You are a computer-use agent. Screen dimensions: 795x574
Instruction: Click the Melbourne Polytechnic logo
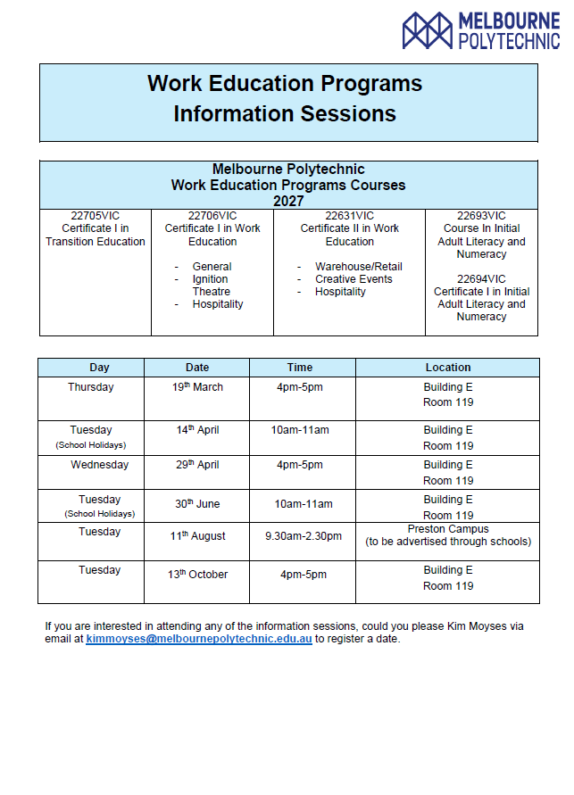point(480,30)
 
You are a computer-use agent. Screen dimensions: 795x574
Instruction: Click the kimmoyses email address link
point(199,639)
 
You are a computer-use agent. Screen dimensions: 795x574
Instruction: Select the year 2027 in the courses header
point(288,201)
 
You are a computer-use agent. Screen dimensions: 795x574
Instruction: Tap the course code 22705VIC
point(96,216)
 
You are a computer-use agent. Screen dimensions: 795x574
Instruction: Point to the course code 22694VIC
point(481,279)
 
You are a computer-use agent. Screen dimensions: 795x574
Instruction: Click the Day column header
point(100,368)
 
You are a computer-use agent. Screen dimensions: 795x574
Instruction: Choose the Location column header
point(448,368)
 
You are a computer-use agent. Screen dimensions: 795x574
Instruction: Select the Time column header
point(300,368)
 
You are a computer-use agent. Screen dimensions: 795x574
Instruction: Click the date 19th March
point(197,387)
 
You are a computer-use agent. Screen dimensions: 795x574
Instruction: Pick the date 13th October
point(197,575)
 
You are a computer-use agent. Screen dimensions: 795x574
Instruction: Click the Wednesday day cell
point(100,465)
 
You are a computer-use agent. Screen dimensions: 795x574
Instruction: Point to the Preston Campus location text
point(448,529)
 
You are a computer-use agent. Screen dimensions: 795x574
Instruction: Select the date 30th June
point(197,504)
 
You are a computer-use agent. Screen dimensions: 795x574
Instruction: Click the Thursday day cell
point(91,387)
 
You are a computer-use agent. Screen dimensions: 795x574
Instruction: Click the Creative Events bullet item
point(354,279)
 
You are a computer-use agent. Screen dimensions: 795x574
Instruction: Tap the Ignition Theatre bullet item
point(212,286)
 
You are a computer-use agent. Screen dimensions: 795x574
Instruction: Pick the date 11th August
point(197,536)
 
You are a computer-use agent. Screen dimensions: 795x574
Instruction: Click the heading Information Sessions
point(285,114)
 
